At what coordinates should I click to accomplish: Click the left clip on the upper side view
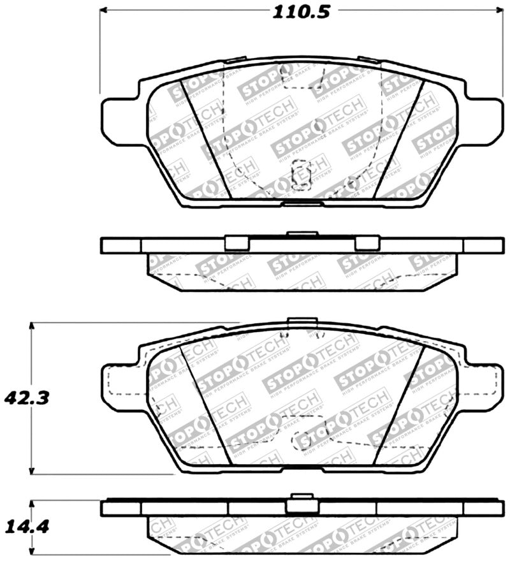[237, 243]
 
